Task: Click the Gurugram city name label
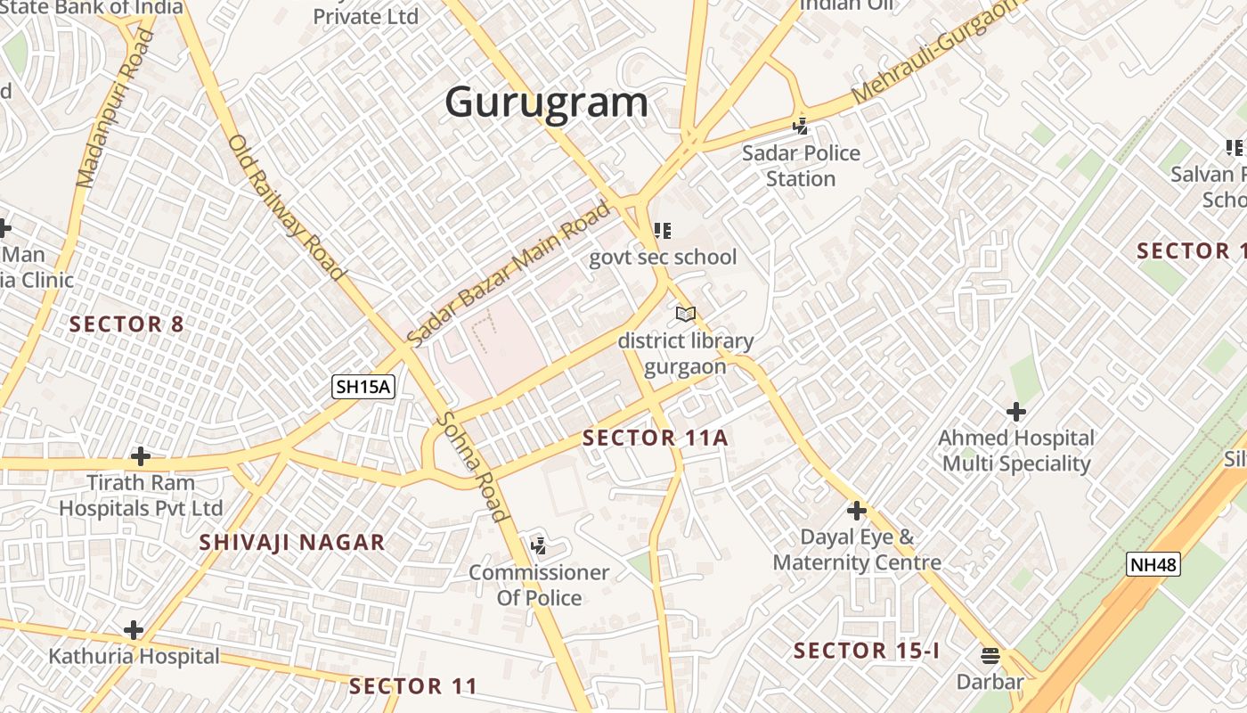[546, 102]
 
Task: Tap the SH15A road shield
[363, 387]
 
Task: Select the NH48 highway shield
[1153, 564]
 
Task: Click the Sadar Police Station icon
[801, 126]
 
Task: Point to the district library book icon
[685, 314]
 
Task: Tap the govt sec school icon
[662, 231]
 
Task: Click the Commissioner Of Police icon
[538, 545]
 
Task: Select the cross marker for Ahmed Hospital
[1015, 412]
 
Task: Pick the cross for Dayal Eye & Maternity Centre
[857, 511]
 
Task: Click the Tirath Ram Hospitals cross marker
[140, 457]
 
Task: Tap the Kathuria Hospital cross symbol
[134, 630]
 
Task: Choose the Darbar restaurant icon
[990, 656]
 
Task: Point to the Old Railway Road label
[285, 207]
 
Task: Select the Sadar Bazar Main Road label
[509, 274]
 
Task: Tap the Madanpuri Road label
[116, 109]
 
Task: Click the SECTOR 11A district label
[655, 438]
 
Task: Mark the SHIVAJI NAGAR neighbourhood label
[292, 542]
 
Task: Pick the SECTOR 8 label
[126, 324]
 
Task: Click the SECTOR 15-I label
[867, 651]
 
